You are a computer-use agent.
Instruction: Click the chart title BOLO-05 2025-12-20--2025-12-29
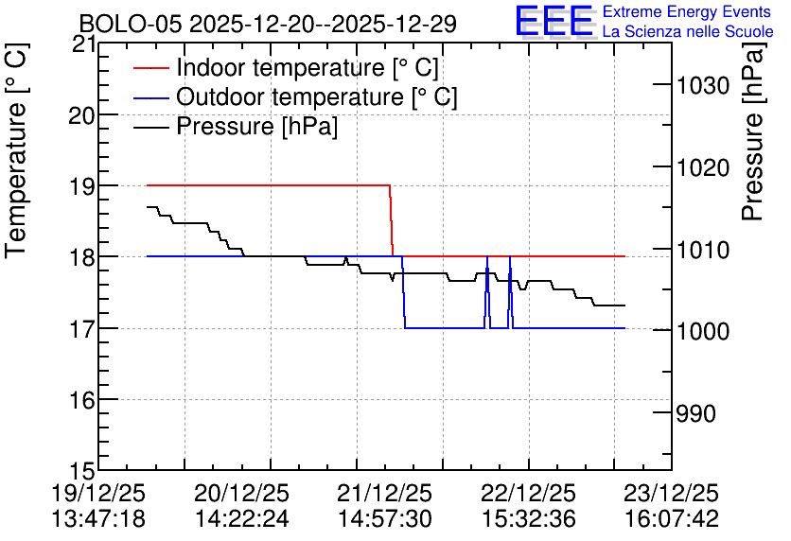click(268, 24)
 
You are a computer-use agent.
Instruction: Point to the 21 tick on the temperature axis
click(84, 44)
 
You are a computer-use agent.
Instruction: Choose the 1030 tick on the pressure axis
click(703, 85)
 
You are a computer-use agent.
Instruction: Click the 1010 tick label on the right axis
click(703, 250)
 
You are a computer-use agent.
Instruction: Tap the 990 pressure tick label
click(696, 413)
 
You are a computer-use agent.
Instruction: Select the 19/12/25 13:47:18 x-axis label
click(98, 506)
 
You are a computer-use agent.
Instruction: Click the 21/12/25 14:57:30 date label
click(384, 506)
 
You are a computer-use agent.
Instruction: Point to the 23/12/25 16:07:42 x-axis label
click(672, 506)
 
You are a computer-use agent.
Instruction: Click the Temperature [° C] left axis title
click(16, 150)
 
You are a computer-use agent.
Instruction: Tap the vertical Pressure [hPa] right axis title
click(752, 131)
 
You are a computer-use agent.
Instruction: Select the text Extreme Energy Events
click(687, 11)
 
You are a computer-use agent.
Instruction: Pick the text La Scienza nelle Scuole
click(688, 32)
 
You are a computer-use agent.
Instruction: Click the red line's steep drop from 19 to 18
click(391, 220)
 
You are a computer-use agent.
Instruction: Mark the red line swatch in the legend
click(150, 68)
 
